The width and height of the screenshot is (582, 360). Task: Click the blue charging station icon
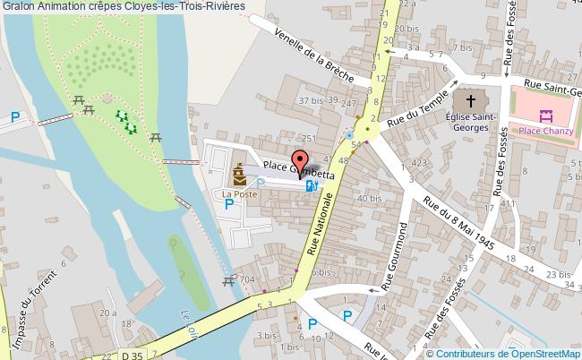(x=311, y=185)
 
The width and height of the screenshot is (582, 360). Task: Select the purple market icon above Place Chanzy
(x=544, y=114)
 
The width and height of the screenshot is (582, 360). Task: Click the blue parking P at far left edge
(x=15, y=116)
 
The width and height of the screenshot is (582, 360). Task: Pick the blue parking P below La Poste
(x=229, y=204)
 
